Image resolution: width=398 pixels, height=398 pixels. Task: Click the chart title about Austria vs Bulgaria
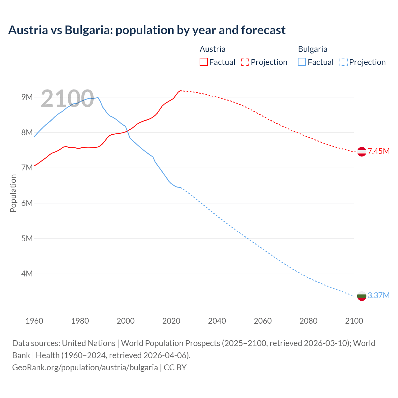147,30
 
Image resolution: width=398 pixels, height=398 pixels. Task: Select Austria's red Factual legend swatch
203,62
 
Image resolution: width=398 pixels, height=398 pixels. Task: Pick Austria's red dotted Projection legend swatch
245,62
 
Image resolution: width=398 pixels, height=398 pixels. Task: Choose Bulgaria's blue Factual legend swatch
302,62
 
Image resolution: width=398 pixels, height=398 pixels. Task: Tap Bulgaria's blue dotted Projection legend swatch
343,62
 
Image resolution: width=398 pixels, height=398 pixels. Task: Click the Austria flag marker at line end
362,152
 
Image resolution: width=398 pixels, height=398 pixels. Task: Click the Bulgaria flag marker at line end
362,296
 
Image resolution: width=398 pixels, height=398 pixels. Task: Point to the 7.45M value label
378,151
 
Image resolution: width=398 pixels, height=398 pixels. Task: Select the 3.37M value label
378,295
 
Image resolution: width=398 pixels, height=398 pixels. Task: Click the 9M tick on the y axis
27,97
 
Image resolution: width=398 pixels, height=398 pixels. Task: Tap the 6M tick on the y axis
27,203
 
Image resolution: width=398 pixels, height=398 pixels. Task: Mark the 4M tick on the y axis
27,274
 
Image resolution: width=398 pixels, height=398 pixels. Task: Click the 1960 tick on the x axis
34,321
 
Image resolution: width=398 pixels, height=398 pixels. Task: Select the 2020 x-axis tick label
171,321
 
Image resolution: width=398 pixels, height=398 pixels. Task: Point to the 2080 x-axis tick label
308,321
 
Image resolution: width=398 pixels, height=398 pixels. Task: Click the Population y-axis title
13,193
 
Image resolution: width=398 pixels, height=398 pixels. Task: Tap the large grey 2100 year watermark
67,99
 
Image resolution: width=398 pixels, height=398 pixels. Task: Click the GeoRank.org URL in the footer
85,367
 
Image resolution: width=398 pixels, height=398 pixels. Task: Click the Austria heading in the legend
212,49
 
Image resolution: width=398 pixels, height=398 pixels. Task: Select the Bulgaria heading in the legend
312,49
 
